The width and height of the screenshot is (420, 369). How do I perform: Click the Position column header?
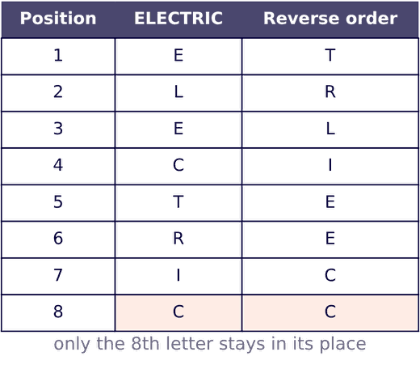[58, 19]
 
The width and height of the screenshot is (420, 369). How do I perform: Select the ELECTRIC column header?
[178, 19]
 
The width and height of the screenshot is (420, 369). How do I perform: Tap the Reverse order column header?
[330, 19]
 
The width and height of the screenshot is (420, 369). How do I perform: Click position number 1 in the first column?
[58, 55]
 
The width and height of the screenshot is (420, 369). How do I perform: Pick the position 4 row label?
[58, 165]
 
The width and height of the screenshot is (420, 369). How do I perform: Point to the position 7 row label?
[58, 275]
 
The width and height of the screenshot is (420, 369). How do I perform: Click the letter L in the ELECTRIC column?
[178, 92]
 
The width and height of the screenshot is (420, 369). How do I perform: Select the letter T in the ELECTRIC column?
[178, 201]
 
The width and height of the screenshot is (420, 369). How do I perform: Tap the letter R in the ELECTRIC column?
[178, 239]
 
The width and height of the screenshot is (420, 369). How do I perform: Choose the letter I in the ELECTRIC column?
[178, 275]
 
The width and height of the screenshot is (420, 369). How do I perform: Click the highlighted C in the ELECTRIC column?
[178, 312]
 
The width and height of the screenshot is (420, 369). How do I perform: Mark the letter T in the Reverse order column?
[330, 55]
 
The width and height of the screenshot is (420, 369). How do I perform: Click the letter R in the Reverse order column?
[330, 92]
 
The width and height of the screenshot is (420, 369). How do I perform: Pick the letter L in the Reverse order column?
[330, 129]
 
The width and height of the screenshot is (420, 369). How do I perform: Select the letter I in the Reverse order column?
[330, 165]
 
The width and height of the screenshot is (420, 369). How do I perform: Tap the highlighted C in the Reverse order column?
[330, 312]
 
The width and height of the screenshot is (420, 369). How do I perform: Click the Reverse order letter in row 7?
[330, 275]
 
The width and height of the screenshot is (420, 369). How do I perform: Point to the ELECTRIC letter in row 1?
[178, 55]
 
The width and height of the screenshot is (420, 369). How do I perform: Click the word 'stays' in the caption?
[241, 345]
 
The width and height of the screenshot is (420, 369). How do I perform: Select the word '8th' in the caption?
[145, 343]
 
